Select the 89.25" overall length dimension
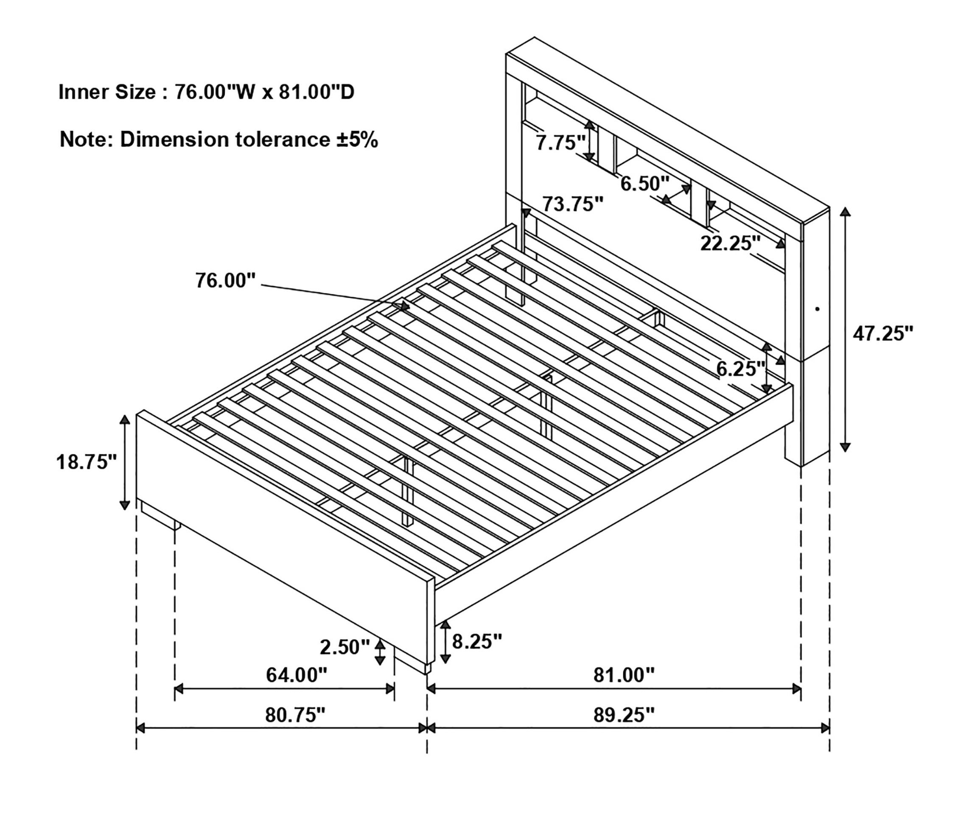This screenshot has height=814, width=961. tap(624, 715)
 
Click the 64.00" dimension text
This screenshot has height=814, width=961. tap(296, 675)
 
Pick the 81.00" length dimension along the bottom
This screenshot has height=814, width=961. tap(624, 675)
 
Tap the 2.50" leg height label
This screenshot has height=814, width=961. tap(345, 647)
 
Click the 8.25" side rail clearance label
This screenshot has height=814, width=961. tap(477, 641)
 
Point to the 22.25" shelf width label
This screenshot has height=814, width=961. tap(731, 243)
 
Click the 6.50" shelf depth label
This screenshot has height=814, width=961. tap(644, 184)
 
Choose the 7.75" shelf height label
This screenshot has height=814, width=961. tap(561, 143)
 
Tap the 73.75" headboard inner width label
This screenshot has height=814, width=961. tap(573, 204)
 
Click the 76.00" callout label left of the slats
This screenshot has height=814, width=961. tap(225, 280)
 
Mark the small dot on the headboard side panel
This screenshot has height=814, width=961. tap(818, 308)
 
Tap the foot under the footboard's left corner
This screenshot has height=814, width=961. tap(160, 515)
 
